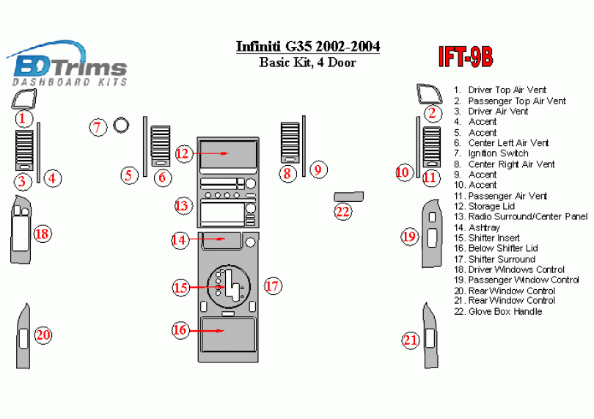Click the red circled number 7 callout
[98, 127]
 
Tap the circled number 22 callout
[342, 211]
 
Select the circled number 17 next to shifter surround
[273, 286]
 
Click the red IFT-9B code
[465, 57]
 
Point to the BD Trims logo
[70, 67]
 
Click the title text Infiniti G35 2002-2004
[308, 47]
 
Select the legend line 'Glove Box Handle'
[505, 311]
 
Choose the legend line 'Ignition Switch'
[498, 153]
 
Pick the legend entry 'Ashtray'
[484, 227]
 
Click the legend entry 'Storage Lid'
[491, 206]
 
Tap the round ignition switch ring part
[122, 126]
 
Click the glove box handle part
[349, 196]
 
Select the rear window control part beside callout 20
[23, 336]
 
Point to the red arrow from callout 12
[213, 153]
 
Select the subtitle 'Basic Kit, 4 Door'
[308, 62]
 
